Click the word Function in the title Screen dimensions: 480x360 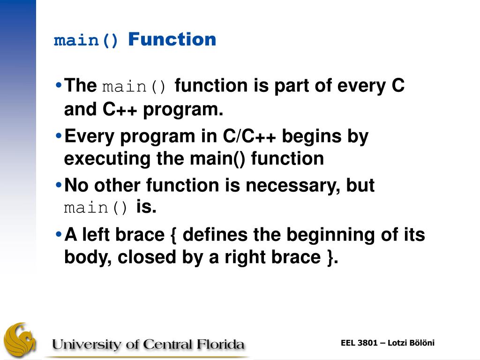(172, 39)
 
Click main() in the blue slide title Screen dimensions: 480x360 (86, 41)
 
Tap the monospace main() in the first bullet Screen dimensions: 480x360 (134, 87)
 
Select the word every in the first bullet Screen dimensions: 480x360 (361, 86)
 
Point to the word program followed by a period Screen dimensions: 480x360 (183, 110)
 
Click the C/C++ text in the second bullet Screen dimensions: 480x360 (249, 136)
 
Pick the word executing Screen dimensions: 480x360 (107, 159)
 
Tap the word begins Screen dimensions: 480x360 (312, 137)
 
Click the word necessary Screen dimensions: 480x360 (295, 186)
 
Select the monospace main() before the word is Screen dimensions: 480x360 (96, 208)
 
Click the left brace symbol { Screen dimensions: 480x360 (173, 235)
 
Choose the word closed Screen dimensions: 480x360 (147, 257)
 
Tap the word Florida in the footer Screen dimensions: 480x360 (220, 344)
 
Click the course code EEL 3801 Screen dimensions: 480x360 (359, 343)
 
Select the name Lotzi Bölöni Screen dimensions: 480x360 (411, 343)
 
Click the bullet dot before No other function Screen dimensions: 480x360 (59, 185)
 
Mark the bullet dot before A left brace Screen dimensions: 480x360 (59, 234)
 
